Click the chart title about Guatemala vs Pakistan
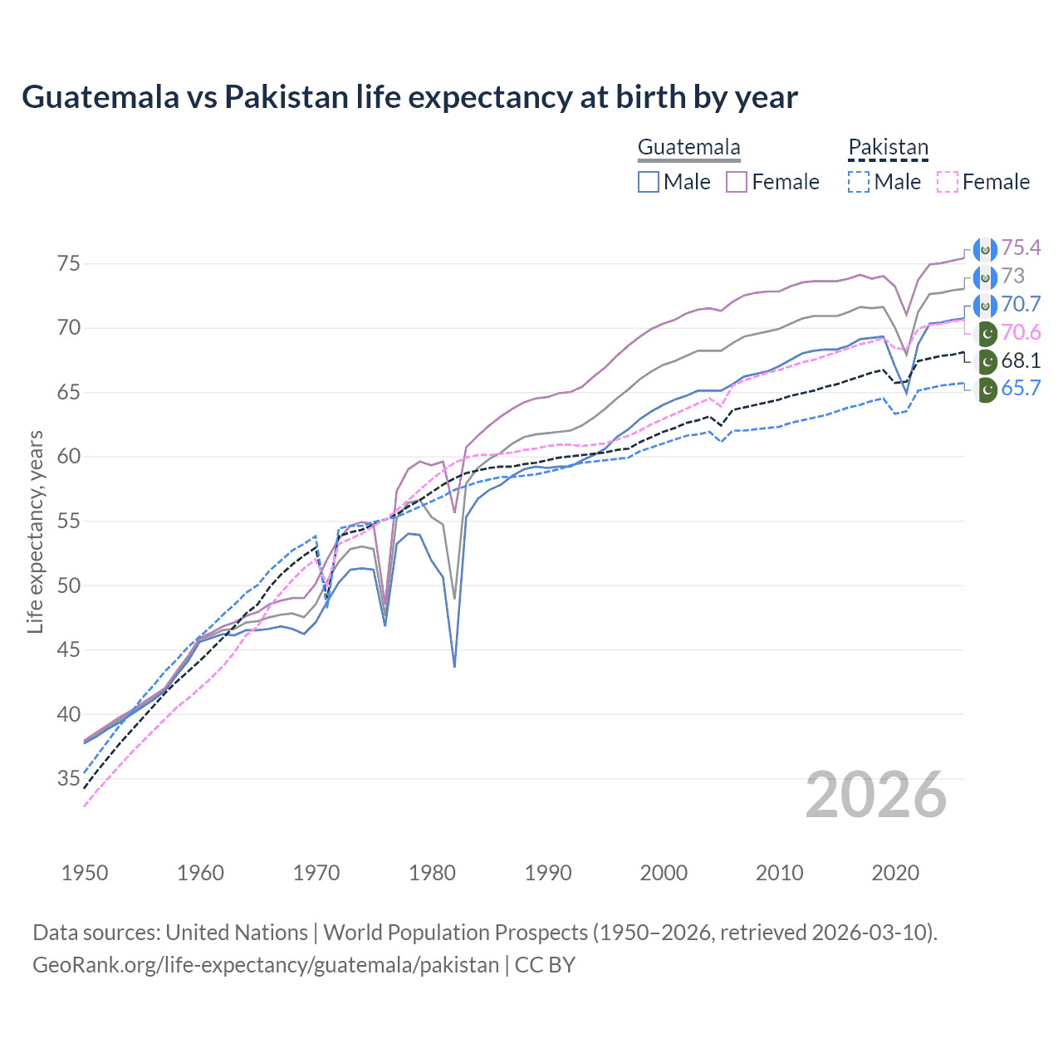click(409, 97)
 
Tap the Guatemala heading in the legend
click(688, 148)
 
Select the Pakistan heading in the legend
click(888, 148)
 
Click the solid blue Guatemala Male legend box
click(649, 182)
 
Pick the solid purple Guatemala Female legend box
click(737, 182)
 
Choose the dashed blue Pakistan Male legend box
click(859, 182)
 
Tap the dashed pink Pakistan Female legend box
click(947, 182)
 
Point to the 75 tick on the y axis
click(69, 264)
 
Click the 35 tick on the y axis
click(69, 779)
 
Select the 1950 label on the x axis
click(85, 873)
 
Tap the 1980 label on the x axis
click(432, 873)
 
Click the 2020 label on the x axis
click(895, 873)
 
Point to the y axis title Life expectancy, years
click(36, 531)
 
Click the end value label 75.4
click(1021, 248)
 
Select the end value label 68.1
click(1021, 360)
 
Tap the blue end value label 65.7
click(1021, 389)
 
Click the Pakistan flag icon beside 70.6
click(986, 333)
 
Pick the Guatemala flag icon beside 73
click(986, 277)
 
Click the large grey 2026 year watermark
click(875, 795)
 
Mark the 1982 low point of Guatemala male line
click(454, 666)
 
